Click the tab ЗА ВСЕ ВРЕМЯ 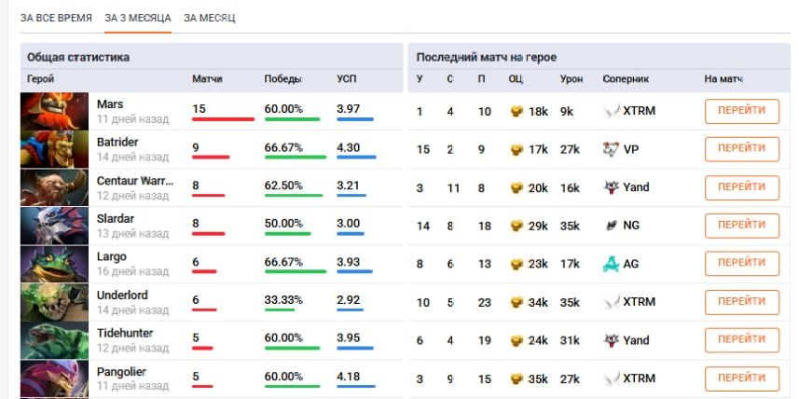pyautogui.click(x=56, y=18)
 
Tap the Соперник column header pyautogui.click(x=625, y=79)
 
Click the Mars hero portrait pyautogui.click(x=54, y=111)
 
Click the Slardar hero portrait pyautogui.click(x=54, y=226)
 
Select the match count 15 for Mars pyautogui.click(x=200, y=109)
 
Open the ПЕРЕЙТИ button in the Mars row pyautogui.click(x=741, y=111)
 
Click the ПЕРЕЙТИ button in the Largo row pyautogui.click(x=741, y=264)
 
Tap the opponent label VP pyautogui.click(x=631, y=149)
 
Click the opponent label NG pyautogui.click(x=631, y=226)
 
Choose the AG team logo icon pyautogui.click(x=611, y=264)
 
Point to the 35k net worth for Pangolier pyautogui.click(x=538, y=378)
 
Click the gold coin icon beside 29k pyautogui.click(x=517, y=226)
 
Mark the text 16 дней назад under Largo pyautogui.click(x=132, y=271)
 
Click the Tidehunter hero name pyautogui.click(x=125, y=333)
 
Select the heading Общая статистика pyautogui.click(x=78, y=57)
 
